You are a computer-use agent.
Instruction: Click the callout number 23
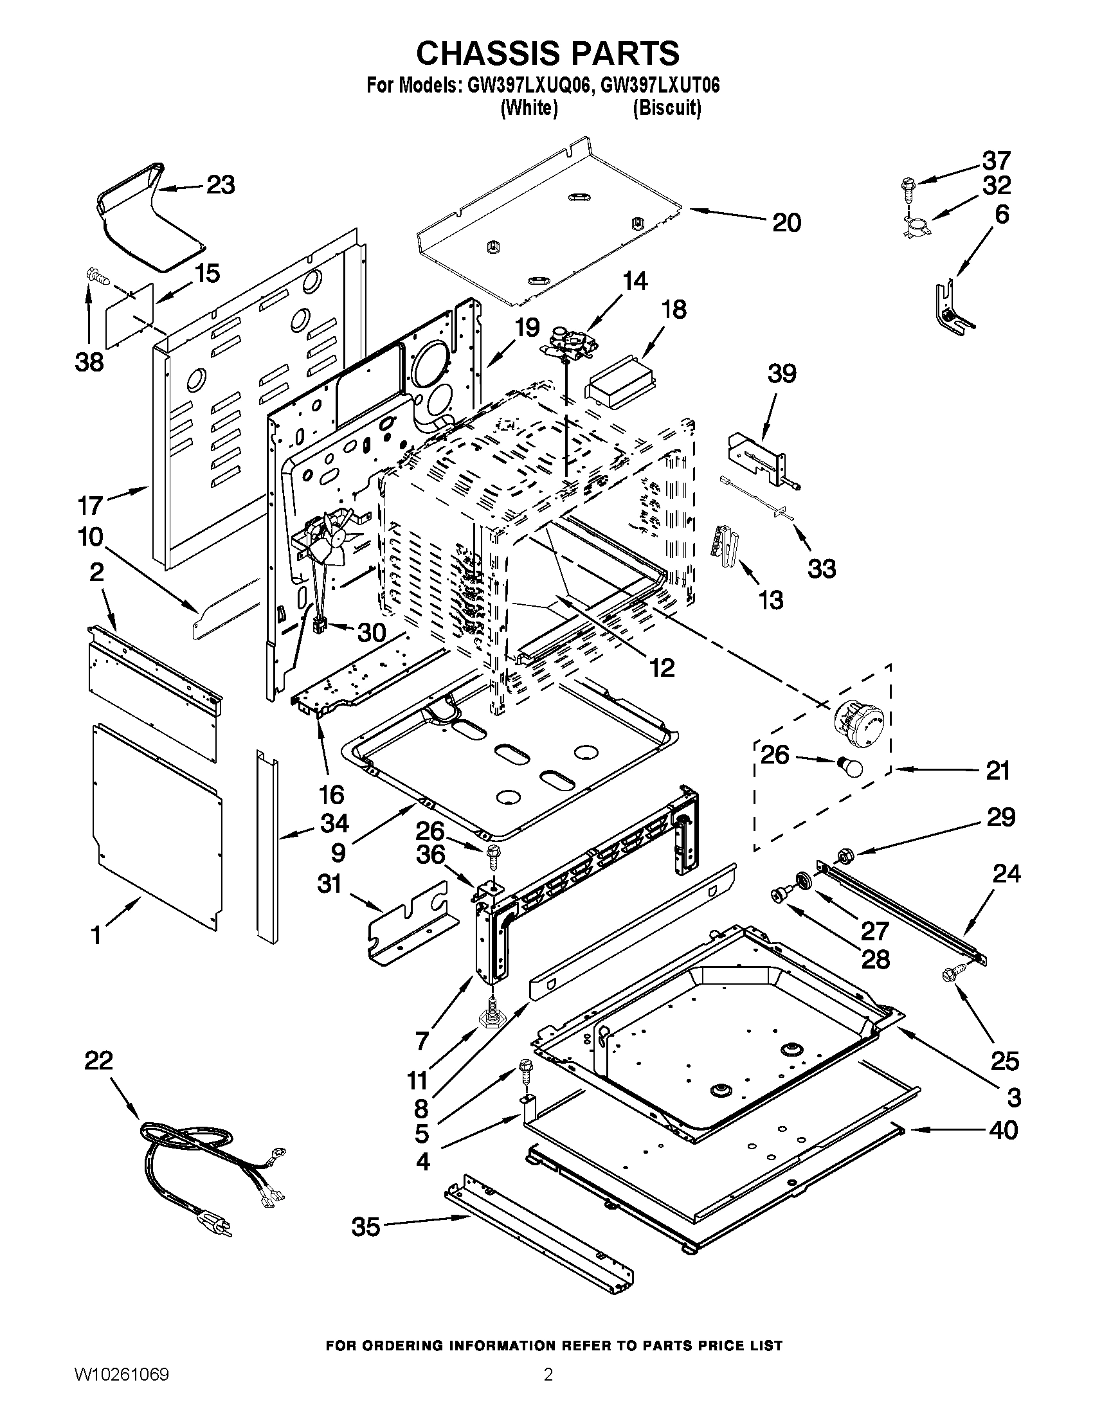coord(221,185)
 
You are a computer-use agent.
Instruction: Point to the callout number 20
coord(787,223)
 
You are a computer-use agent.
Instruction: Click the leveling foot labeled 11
coord(493,1019)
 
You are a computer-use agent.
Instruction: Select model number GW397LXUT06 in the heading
coord(660,85)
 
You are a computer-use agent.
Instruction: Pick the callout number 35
coord(366,1226)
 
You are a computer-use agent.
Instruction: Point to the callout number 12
coord(662,668)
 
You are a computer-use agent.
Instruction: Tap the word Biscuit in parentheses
coord(666,107)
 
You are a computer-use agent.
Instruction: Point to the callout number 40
coord(1003,1130)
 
